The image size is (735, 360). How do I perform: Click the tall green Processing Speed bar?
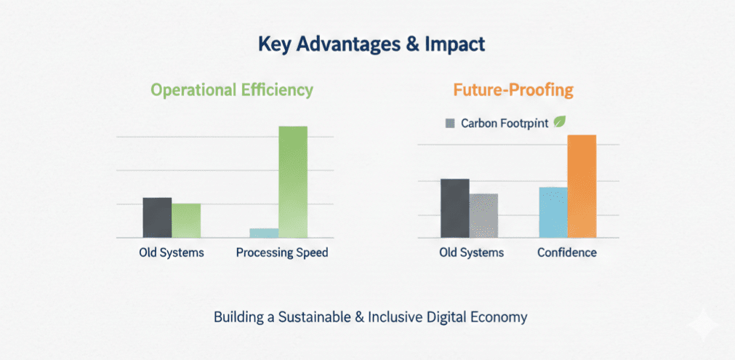point(293,182)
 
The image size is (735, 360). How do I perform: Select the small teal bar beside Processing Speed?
point(264,233)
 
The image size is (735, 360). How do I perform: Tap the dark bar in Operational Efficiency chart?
point(157,217)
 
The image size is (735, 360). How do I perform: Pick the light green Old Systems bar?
point(186,220)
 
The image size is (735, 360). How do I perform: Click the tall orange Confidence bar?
point(582,186)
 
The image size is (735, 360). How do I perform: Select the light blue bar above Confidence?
point(553,212)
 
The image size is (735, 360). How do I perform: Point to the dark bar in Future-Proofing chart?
point(455,208)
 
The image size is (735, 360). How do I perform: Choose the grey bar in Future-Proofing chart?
point(483,215)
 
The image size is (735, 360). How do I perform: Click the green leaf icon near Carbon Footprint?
point(561,122)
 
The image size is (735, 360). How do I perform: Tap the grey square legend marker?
point(449,124)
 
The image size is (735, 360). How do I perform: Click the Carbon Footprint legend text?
point(505,124)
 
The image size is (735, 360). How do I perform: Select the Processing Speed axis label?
point(282,253)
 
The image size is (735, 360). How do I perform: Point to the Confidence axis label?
point(567,253)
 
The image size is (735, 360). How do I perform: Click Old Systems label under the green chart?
point(172,253)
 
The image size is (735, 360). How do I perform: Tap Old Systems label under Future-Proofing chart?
point(471,253)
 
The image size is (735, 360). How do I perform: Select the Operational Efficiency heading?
point(232,90)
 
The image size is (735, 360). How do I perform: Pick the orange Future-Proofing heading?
point(513,90)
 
